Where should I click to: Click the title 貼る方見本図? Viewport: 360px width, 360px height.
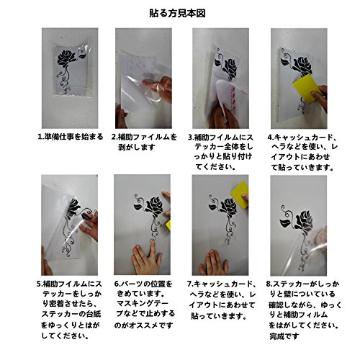[x=177, y=14]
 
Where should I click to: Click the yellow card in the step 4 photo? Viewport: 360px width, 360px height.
[x=307, y=89]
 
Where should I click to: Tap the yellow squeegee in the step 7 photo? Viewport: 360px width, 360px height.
[x=239, y=194]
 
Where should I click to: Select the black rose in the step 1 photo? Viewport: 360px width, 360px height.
[x=66, y=59]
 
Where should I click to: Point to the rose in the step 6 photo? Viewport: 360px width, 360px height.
[x=156, y=207]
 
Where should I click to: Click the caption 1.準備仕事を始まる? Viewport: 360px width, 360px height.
[x=71, y=137]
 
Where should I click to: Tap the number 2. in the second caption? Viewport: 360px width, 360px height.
[x=114, y=137]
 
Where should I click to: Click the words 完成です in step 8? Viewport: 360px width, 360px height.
[x=284, y=336]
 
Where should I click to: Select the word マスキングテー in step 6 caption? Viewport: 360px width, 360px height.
[x=143, y=304]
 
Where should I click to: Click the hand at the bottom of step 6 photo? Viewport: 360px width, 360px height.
[x=145, y=258]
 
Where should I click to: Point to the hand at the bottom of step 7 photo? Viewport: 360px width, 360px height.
[x=215, y=263]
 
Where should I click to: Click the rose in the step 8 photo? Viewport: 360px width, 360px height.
[x=304, y=221]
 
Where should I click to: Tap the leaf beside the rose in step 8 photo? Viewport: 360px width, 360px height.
[x=285, y=223]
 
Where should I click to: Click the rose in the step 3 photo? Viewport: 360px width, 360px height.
[x=230, y=68]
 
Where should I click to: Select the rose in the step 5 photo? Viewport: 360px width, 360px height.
[x=73, y=208]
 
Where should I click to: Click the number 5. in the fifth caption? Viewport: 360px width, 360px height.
[x=40, y=284]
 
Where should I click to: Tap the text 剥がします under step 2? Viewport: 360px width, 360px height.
[x=137, y=147]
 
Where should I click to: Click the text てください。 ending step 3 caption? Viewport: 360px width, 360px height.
[x=215, y=167]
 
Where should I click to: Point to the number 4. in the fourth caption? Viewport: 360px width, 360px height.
[x=271, y=138]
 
